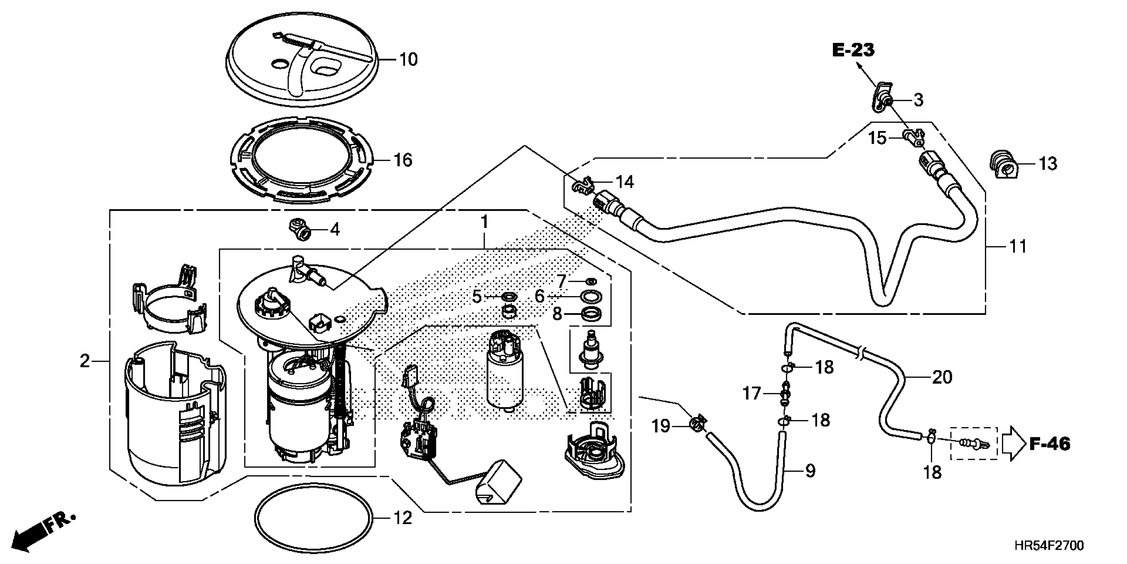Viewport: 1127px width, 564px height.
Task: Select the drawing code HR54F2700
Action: coord(1049,546)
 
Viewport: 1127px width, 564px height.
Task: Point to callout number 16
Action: coord(402,160)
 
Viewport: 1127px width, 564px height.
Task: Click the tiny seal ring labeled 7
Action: coord(591,281)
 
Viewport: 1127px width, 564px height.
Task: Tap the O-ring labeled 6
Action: coord(591,297)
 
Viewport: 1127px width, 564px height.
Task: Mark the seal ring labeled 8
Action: coord(591,314)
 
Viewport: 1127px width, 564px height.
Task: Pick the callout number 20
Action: coord(942,377)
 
